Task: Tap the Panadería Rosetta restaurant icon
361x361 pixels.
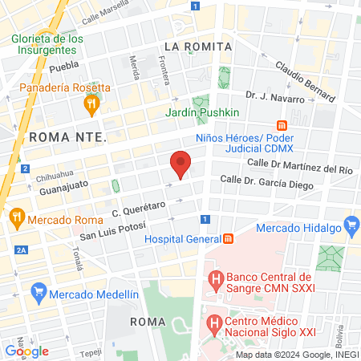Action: point(92,103)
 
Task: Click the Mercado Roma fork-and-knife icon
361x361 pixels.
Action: point(16,217)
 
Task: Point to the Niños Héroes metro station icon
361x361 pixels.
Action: point(282,125)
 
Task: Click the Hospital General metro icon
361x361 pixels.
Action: point(229,238)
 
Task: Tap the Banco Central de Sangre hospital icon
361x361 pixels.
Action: point(215,280)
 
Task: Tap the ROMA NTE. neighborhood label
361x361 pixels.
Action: point(67,137)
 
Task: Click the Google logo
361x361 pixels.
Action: point(26,351)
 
